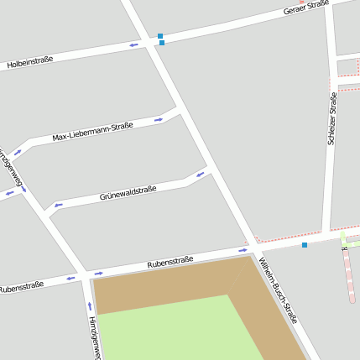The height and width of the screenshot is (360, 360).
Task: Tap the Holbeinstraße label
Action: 30,60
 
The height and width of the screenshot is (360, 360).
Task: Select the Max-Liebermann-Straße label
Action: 92,132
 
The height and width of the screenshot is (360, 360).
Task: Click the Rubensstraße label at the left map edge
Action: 21,286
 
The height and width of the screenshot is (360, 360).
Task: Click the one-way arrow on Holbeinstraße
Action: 134,44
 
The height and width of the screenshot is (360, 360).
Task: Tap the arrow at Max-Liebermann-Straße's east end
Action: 159,120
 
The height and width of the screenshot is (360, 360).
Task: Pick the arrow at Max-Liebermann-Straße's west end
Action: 17,153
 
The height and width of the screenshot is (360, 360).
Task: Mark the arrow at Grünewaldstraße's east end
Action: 200,175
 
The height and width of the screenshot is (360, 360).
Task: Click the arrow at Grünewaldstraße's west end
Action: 58,205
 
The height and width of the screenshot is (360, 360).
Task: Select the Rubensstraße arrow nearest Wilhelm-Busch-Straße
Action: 243,250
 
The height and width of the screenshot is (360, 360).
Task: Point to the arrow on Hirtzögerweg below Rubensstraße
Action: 90,305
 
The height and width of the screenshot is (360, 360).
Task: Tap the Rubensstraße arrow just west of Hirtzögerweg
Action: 70,278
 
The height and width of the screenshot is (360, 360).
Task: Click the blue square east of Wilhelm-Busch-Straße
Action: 305,245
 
